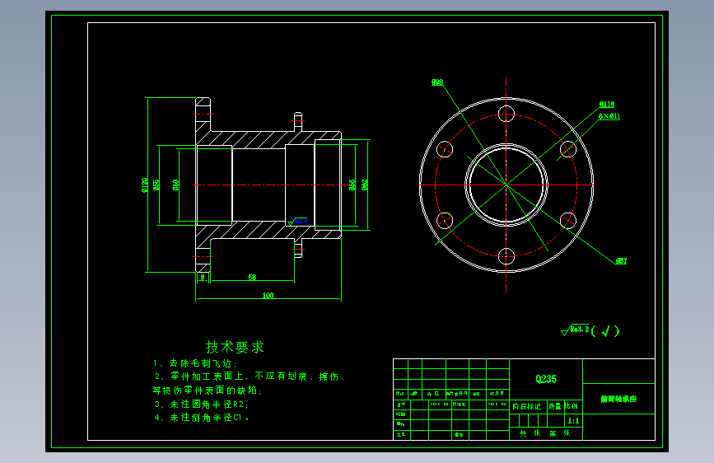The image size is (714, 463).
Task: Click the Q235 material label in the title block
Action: coord(546,379)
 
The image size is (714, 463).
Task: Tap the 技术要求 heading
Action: coord(235,347)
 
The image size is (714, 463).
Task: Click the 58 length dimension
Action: coord(252,278)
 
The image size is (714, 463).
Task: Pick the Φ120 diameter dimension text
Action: coord(145,185)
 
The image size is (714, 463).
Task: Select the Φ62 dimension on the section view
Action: coord(364,185)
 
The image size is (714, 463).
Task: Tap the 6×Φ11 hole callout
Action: coord(609,116)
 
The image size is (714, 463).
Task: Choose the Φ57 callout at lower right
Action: coord(621,261)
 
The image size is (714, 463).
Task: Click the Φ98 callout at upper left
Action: coord(437,82)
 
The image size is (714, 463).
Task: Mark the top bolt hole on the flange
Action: coord(506,114)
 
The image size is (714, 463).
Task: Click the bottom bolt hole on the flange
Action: coord(506,255)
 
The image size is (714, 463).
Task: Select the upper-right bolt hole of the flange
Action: coord(567,149)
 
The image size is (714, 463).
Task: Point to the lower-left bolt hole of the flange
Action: coord(445,220)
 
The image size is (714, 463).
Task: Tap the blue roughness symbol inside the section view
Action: coord(299,221)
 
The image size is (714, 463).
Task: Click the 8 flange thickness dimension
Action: coord(203,278)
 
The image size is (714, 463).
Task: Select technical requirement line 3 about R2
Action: coord(201,405)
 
